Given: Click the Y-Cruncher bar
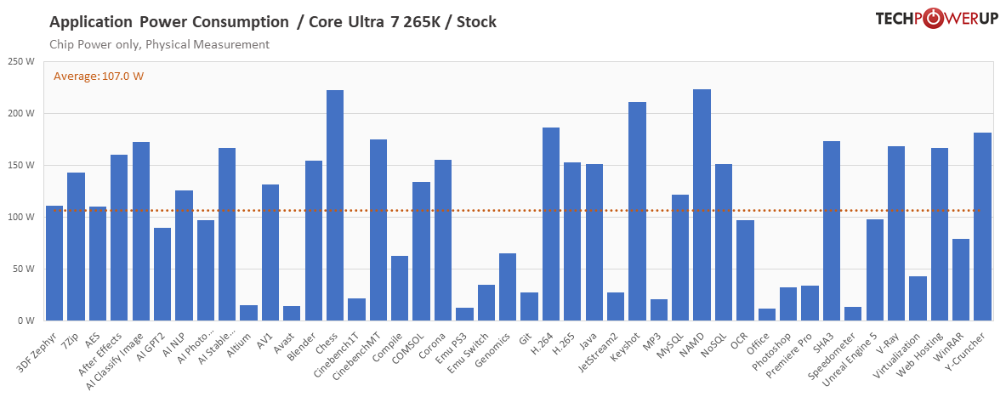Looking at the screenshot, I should pos(982,226).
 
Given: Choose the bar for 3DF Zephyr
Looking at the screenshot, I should pos(54,263).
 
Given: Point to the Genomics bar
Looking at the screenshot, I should pos(508,286).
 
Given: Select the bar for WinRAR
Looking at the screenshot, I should pos(961,280).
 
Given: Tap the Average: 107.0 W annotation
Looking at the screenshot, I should pos(99,77).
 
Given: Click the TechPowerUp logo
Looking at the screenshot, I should pos(935,20).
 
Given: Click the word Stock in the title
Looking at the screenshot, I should pos(476,21).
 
